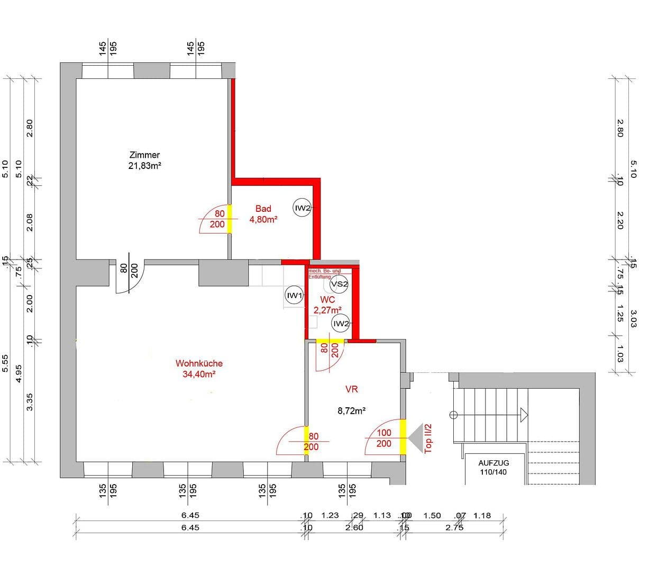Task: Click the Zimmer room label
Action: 144,155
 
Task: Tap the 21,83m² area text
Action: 145,166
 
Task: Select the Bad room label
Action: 263,209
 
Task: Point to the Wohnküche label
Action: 199,363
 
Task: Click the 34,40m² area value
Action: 199,374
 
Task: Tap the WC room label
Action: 327,300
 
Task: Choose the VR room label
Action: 351,389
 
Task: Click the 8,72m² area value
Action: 352,410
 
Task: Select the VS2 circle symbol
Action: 339,284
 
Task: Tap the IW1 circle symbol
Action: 294,296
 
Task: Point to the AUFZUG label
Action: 493,463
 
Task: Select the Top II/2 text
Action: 428,438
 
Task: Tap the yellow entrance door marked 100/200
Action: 403,436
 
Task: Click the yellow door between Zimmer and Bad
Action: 229,219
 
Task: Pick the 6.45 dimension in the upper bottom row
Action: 190,515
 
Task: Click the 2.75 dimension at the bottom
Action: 454,528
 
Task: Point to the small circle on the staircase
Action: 453,415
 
